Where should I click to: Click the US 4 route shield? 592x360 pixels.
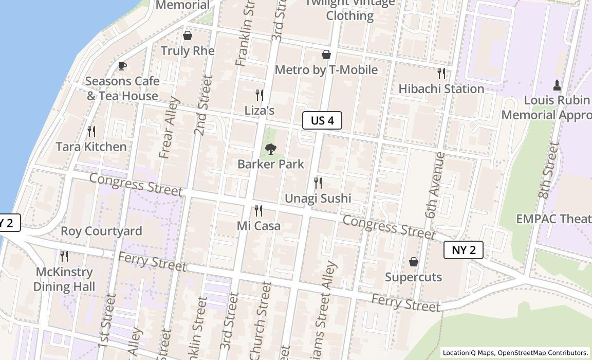pyautogui.click(x=322, y=120)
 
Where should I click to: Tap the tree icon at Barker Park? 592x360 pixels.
pyautogui.click(x=270, y=149)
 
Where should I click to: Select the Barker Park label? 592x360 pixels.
pyautogui.click(x=270, y=164)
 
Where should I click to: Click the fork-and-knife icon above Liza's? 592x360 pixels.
pyautogui.click(x=260, y=95)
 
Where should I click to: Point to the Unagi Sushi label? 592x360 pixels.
pyautogui.click(x=318, y=198)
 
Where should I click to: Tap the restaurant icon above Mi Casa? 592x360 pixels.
pyautogui.click(x=258, y=210)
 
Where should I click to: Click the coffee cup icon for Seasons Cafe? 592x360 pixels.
pyautogui.click(x=122, y=66)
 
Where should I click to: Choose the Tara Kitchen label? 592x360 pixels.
pyautogui.click(x=91, y=147)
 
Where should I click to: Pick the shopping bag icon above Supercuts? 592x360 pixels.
pyautogui.click(x=414, y=262)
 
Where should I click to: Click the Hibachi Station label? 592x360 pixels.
pyautogui.click(x=441, y=88)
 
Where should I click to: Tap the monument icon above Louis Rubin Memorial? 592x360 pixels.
pyautogui.click(x=557, y=84)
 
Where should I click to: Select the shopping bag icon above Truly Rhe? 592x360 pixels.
pyautogui.click(x=188, y=35)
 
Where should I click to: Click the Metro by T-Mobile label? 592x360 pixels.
pyautogui.click(x=326, y=69)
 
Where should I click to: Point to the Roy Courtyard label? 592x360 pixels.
pyautogui.click(x=101, y=231)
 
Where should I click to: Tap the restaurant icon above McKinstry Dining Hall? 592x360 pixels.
pyautogui.click(x=64, y=256)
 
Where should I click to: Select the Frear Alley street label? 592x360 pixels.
pyautogui.click(x=170, y=128)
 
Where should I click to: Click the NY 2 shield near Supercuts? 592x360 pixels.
pyautogui.click(x=464, y=250)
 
